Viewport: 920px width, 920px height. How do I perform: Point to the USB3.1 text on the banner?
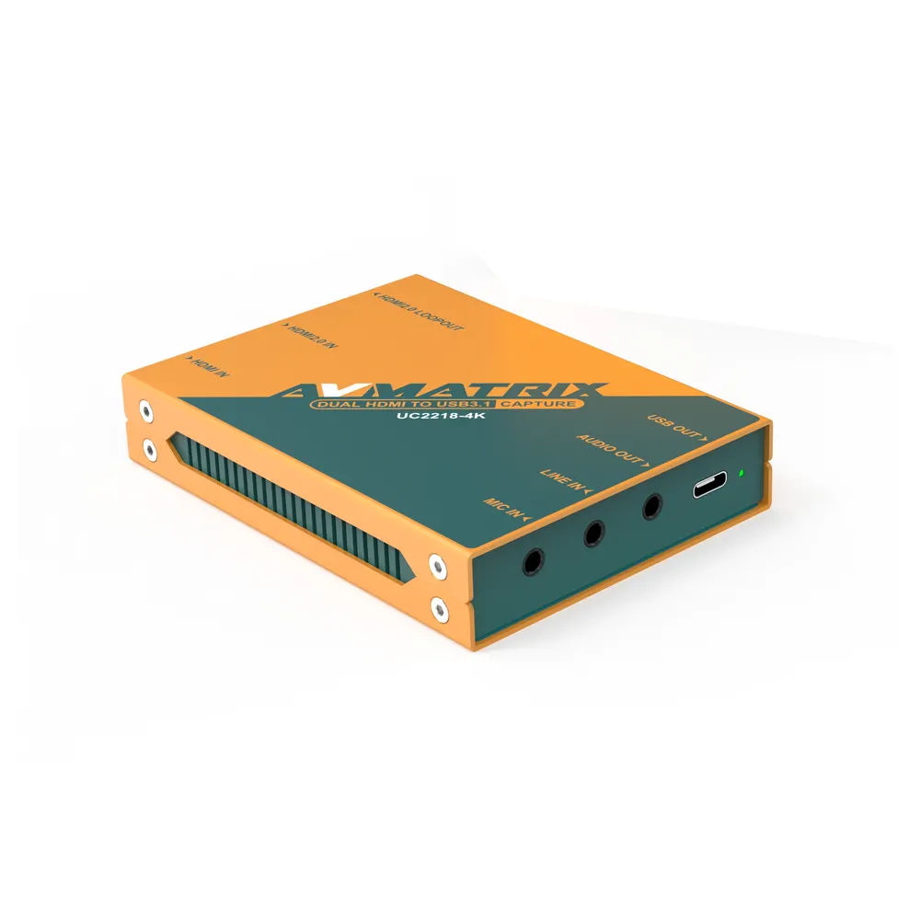[466, 404]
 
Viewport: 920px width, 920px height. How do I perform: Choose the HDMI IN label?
[208, 365]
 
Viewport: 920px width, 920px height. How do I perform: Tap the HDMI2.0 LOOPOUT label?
[419, 311]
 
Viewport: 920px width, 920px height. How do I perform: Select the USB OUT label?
[677, 427]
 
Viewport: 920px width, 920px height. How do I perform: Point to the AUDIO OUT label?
[613, 451]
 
